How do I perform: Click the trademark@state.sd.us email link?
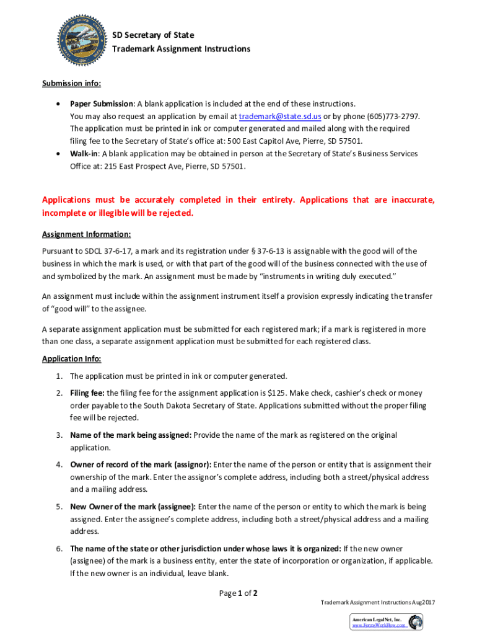coord(280,116)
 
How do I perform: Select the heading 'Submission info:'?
coord(71,84)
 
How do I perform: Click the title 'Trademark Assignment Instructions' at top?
coord(181,48)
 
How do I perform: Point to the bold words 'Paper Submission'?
coord(101,104)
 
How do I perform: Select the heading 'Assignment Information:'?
coord(86,234)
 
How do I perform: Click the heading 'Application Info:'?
coord(71,358)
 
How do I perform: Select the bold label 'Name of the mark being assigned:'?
coord(130,435)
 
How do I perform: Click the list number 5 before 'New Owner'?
coord(58,507)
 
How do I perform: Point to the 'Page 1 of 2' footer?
coord(239,593)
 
